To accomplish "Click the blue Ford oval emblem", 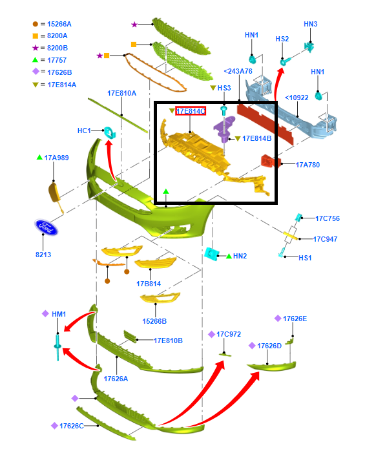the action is coord(47,227).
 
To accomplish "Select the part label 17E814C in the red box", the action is coord(191,111).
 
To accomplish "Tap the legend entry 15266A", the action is coord(59,24).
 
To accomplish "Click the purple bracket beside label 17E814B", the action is coord(224,129).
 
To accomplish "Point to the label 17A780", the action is coord(308,165).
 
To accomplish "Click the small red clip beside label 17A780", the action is coord(268,161).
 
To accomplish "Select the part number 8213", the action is coord(43,255).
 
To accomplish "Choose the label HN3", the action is coord(311,24).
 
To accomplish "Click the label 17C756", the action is coord(328,218).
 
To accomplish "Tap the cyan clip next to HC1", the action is coord(110,132).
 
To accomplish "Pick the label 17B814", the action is coord(149,284).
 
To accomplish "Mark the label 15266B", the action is coord(154,321).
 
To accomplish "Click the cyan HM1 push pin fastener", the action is coord(57,347).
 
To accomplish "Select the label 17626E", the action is coord(295,319).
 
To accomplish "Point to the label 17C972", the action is coord(229,334).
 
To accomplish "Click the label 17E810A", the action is coord(121,94).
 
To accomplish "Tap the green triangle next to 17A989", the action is coord(39,157).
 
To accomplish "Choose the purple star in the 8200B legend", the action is coord(36,48).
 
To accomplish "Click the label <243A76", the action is coord(238,71).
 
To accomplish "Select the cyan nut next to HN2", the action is coord(211,253).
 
